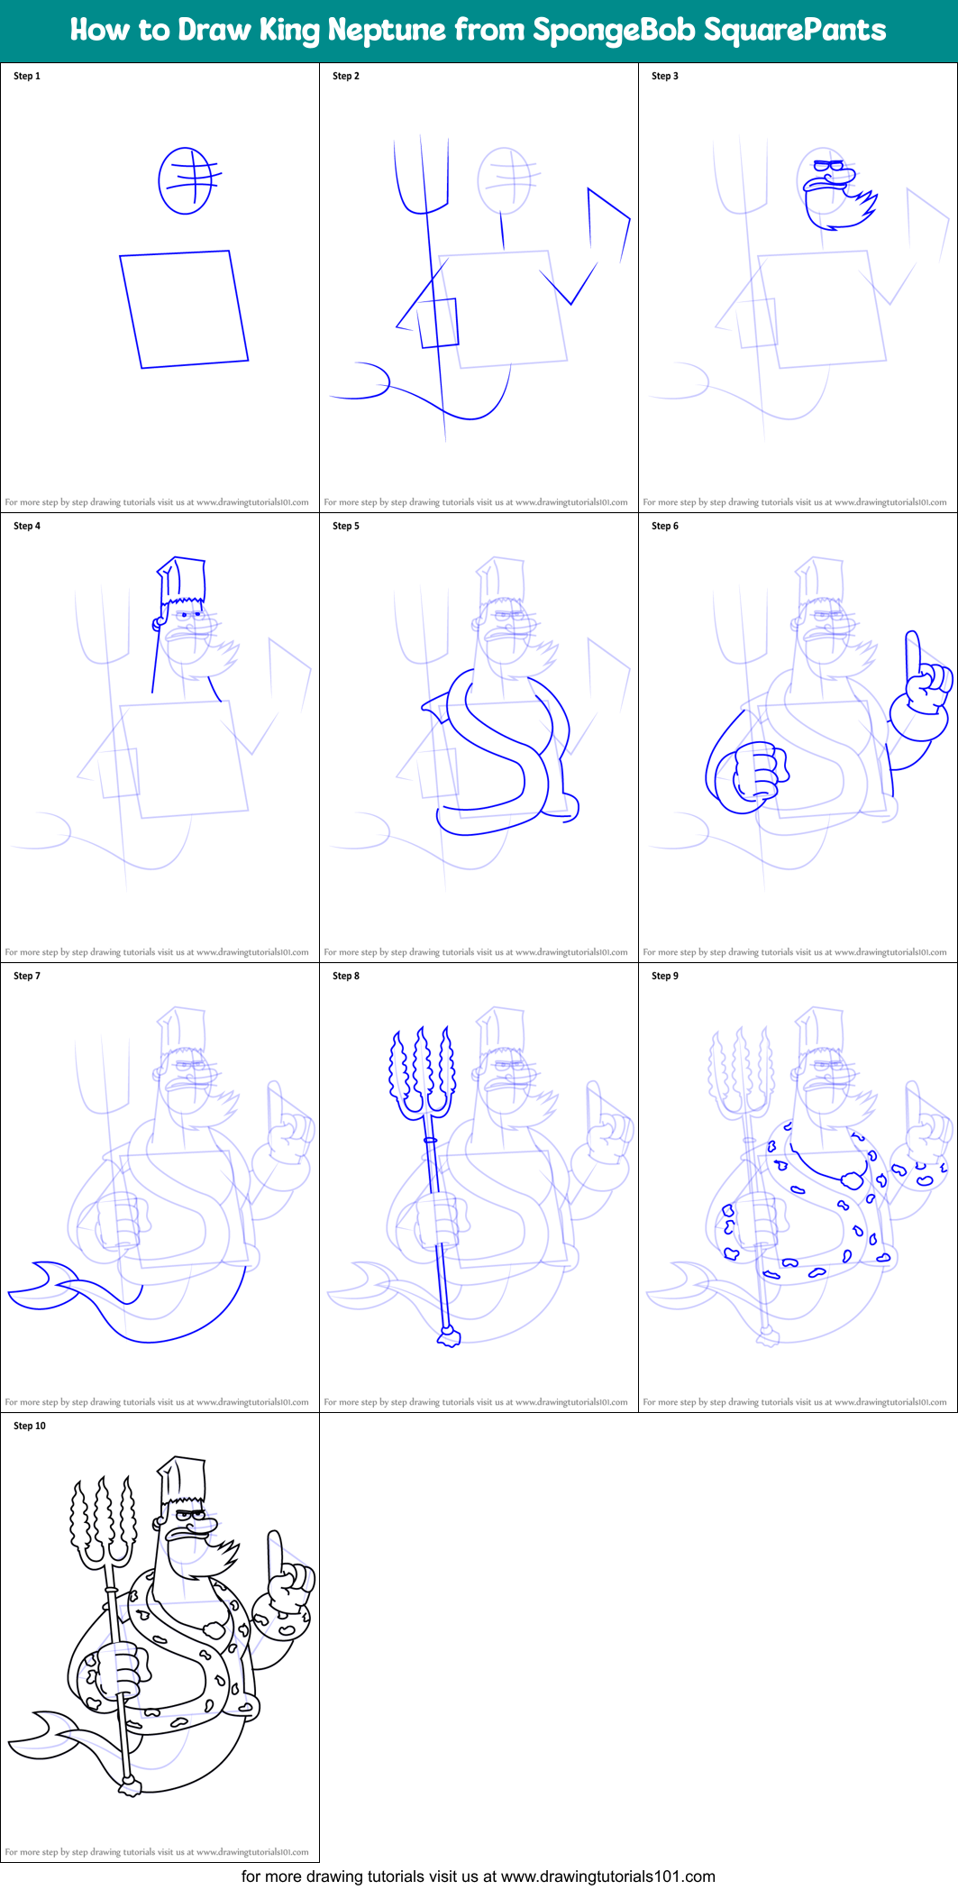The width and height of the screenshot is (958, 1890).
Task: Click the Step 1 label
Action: pyautogui.click(x=27, y=76)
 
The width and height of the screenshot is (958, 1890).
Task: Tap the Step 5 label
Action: pyautogui.click(x=346, y=526)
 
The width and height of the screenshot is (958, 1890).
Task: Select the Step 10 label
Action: pyautogui.click(x=30, y=1426)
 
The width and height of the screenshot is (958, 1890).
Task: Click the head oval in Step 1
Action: pyautogui.click(x=186, y=181)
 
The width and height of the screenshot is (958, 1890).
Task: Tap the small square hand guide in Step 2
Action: pyautogui.click(x=439, y=323)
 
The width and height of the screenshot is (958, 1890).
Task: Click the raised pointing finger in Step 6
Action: pyautogui.click(x=913, y=653)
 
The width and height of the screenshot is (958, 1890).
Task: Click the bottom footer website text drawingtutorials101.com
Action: pyautogui.click(x=607, y=1876)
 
